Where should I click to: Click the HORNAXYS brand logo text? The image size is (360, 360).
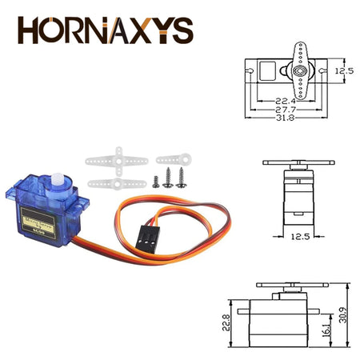click(106, 30)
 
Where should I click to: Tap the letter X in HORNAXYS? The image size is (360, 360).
click(146, 30)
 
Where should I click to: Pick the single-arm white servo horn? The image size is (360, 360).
click(173, 159)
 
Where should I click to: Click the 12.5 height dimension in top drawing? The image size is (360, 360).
click(344, 71)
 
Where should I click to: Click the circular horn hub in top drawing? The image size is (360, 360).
click(300, 70)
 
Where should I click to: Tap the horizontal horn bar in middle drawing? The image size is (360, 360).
click(298, 164)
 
